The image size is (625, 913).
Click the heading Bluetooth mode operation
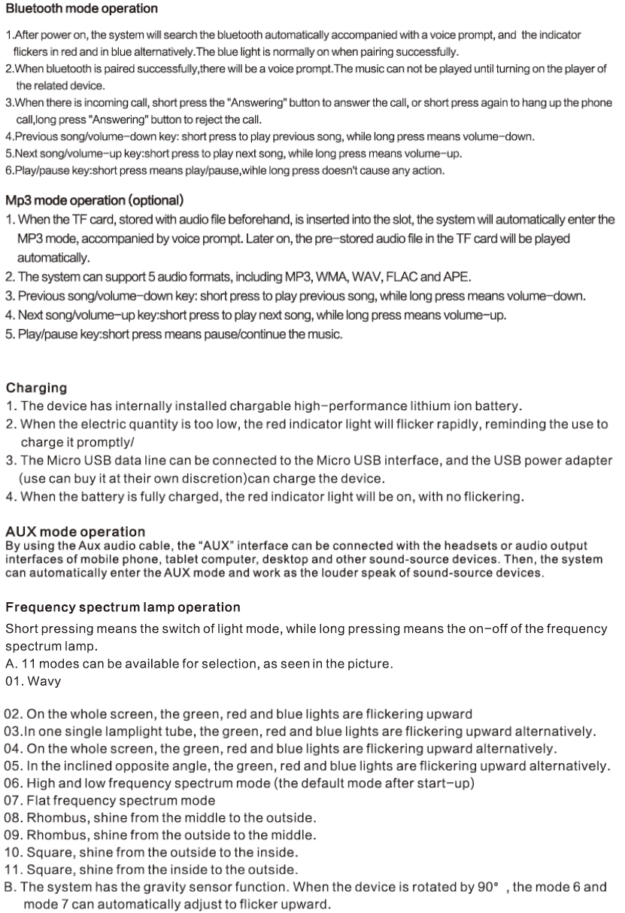click(x=81, y=9)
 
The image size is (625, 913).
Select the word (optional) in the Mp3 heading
click(x=156, y=201)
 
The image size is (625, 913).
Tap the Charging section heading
click(x=36, y=388)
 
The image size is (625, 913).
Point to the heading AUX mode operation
click(x=75, y=532)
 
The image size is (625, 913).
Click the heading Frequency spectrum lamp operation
click(x=123, y=607)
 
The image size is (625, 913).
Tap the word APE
click(x=459, y=276)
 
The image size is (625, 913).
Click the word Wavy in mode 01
click(x=45, y=682)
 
